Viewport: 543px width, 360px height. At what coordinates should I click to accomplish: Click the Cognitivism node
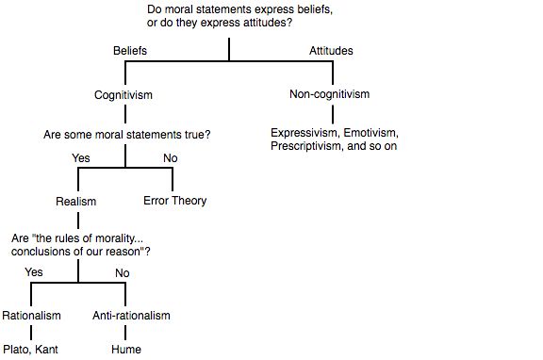[x=123, y=95]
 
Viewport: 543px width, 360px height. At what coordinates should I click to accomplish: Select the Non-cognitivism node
[x=329, y=95]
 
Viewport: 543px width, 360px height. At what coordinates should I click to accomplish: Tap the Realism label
[x=77, y=201]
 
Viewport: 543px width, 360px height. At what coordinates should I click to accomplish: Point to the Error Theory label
[x=174, y=201]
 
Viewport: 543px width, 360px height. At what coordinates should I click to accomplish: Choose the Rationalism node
[x=32, y=315]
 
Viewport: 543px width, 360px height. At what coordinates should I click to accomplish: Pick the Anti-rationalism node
[x=132, y=315]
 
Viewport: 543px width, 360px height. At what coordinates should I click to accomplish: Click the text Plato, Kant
[x=31, y=350]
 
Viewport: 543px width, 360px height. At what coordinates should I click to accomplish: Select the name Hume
[x=125, y=350]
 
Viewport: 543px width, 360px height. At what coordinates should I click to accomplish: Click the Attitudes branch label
[x=331, y=51]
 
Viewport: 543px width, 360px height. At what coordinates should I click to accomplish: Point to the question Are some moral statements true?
[x=126, y=135]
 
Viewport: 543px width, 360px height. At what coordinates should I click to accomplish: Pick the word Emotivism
[x=373, y=133]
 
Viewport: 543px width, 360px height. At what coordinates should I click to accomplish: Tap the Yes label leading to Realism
[x=80, y=158]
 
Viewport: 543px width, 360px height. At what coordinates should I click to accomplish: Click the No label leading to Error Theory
[x=170, y=158]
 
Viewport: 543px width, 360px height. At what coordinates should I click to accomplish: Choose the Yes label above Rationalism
[x=34, y=272]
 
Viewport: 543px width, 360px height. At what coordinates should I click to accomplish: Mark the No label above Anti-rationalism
[x=122, y=272]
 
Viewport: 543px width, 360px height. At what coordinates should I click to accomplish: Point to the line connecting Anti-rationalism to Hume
[x=125, y=332]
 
